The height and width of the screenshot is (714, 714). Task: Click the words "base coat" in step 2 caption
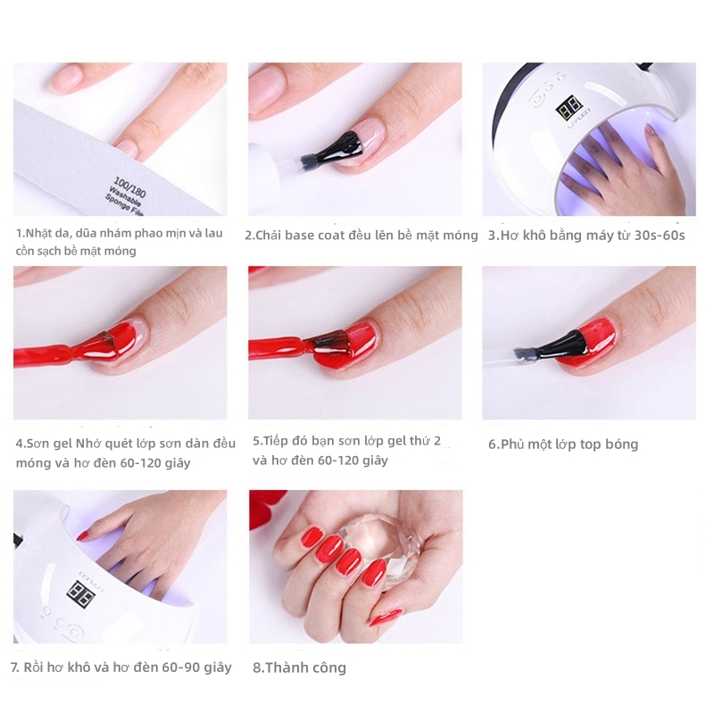pos(334,236)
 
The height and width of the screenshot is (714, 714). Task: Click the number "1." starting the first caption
pos(20,234)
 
